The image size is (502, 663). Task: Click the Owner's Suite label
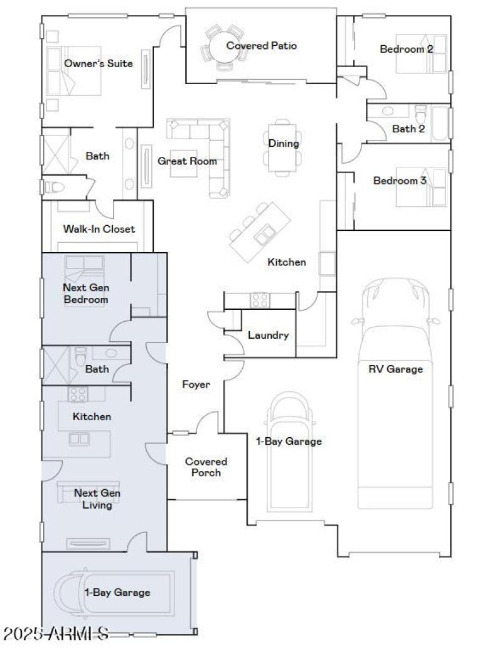(x=99, y=63)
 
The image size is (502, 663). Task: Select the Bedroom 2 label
(x=407, y=49)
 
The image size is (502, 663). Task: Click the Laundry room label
(x=268, y=335)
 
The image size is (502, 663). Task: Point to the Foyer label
(x=196, y=385)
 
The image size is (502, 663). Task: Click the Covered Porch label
(x=206, y=467)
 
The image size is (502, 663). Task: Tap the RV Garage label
(x=395, y=369)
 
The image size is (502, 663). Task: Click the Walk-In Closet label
(x=99, y=229)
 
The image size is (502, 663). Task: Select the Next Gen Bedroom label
(x=85, y=294)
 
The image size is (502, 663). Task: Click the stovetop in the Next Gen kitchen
(x=78, y=394)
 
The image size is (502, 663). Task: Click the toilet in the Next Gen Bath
(x=80, y=356)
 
